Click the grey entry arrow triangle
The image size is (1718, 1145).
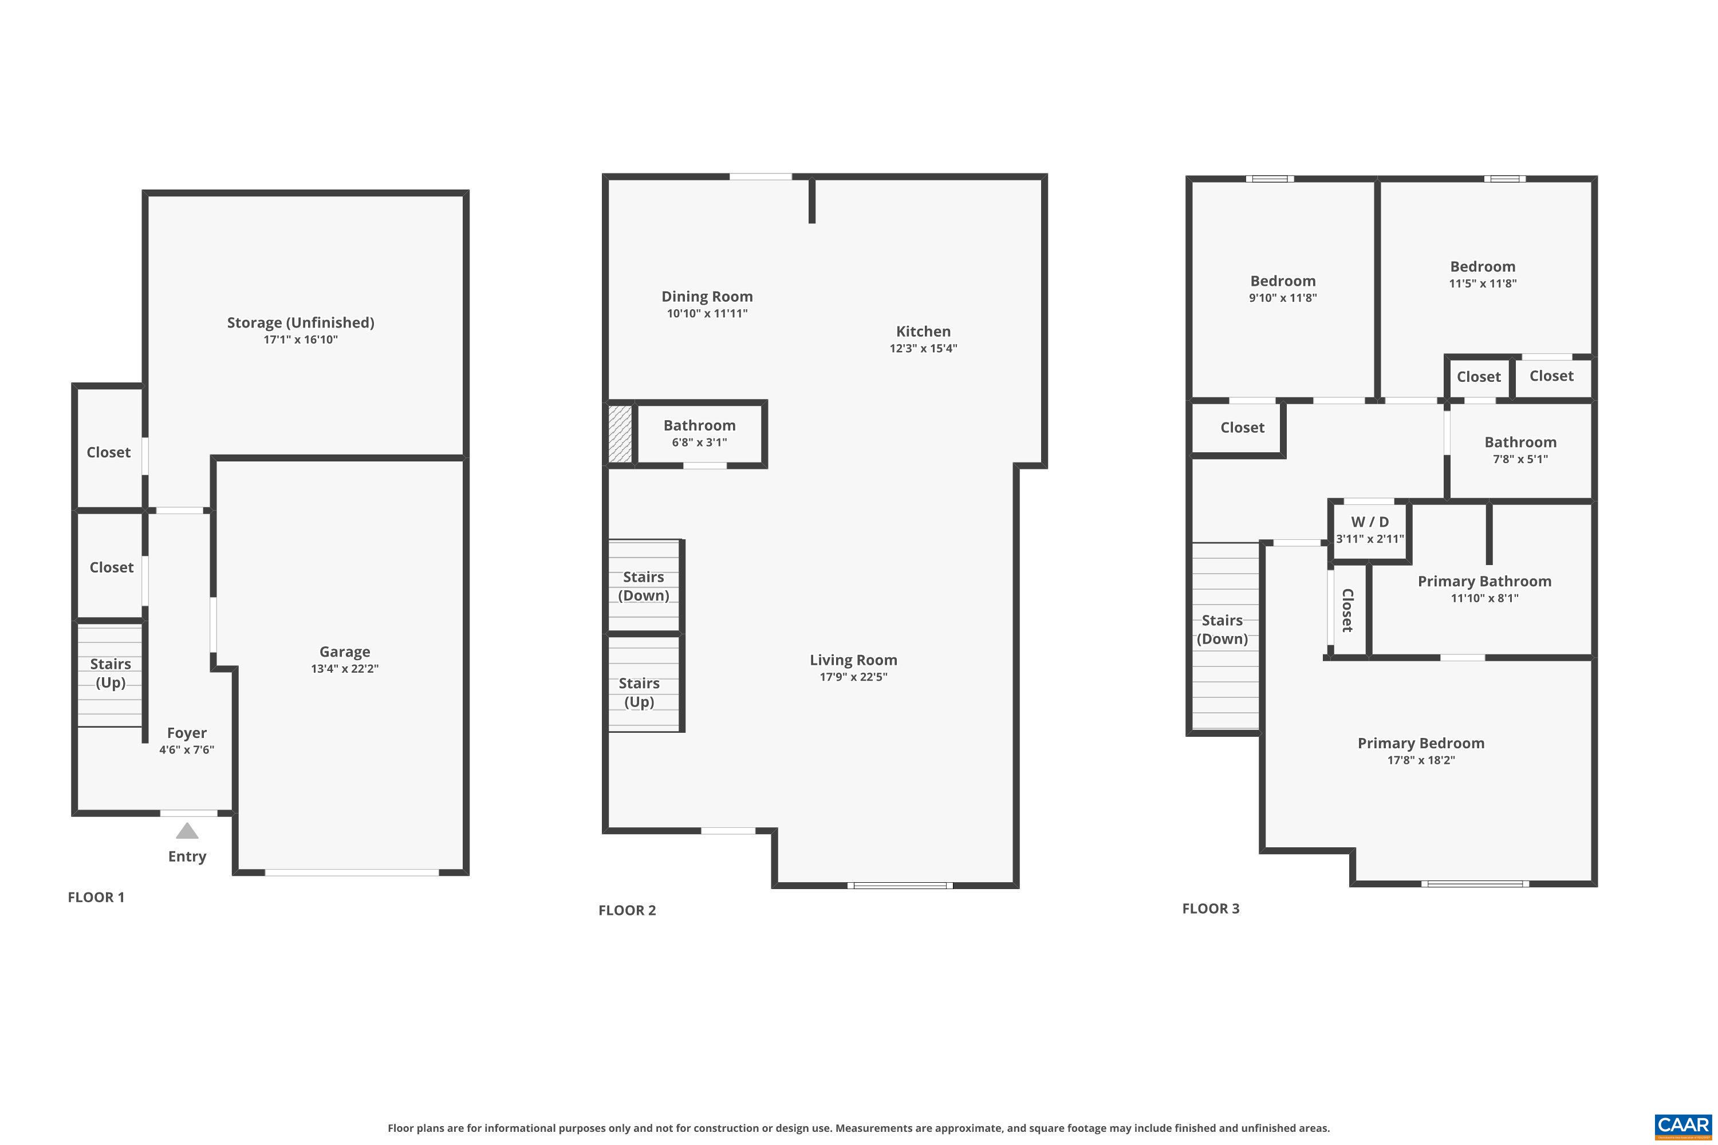coord(187,831)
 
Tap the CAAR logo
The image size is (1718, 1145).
coord(1682,1126)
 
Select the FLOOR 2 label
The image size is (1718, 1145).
coord(626,910)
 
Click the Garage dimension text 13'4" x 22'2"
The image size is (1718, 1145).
coord(344,668)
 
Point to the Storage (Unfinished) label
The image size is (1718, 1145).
coord(300,322)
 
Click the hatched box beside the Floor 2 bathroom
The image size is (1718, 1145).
coord(620,434)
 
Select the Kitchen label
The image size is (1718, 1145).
coord(923,331)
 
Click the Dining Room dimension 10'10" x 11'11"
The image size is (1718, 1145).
coord(706,313)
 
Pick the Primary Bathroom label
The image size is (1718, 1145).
coord(1484,581)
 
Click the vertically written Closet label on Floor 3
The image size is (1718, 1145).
coord(1347,610)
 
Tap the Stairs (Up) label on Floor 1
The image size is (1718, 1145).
coord(111,673)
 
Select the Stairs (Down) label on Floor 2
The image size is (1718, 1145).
coord(643,586)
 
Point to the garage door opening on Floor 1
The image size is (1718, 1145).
coord(352,872)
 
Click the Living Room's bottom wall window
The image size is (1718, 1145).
coord(899,885)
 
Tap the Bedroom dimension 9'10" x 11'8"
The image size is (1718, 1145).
coord(1282,298)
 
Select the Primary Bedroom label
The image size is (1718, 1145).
coord(1420,743)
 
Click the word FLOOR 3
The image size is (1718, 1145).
coord(1211,909)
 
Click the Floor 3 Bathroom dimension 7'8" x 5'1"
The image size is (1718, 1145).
coord(1519,459)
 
